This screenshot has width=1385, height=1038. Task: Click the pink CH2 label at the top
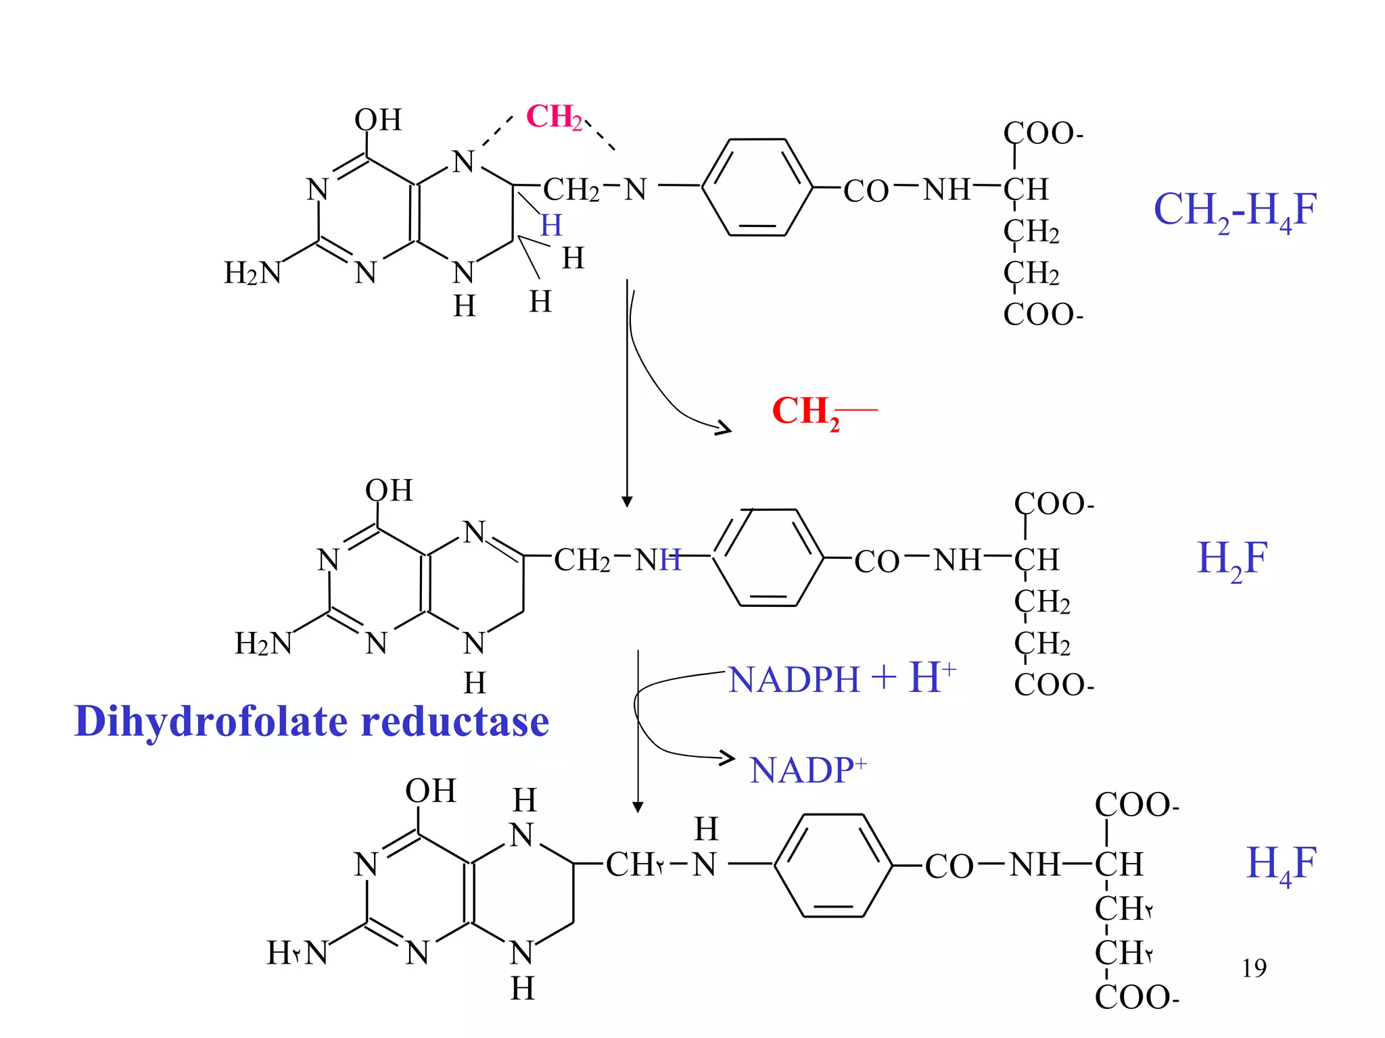(553, 117)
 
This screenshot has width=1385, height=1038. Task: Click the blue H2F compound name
(1231, 559)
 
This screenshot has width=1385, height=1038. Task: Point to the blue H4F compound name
(1281, 864)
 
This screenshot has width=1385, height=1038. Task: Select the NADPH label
(794, 680)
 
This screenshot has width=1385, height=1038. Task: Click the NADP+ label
(807, 770)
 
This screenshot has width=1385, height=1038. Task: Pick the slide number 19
(1254, 968)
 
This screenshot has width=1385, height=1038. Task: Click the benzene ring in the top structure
(757, 187)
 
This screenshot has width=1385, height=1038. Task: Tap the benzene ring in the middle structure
(768, 558)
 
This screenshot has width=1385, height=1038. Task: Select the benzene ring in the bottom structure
(833, 865)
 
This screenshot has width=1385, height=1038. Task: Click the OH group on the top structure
(378, 120)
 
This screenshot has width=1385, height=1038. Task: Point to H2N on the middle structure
(263, 643)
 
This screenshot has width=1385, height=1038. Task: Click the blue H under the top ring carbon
(551, 225)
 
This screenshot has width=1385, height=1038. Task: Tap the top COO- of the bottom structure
(1136, 806)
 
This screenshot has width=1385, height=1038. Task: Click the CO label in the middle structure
(876, 562)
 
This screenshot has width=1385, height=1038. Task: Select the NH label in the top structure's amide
(947, 189)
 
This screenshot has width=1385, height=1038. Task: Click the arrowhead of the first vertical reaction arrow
(627, 501)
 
